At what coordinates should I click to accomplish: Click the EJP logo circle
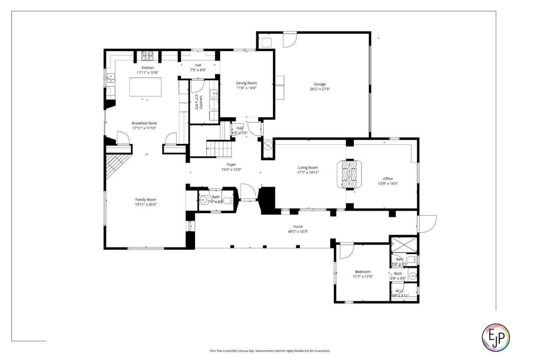495,337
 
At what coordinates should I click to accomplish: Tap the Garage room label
319,84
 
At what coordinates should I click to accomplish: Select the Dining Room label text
246,83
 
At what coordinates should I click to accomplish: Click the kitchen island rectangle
145,87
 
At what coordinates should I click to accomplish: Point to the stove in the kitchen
147,56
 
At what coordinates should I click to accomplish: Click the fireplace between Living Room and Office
349,174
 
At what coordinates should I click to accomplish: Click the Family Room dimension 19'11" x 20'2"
146,205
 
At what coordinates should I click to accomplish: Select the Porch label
298,227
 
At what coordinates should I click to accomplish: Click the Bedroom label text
363,272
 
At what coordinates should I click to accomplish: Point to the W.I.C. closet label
400,291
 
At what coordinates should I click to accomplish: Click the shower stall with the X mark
404,244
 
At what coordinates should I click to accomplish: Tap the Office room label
388,179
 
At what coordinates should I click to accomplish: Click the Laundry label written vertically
201,102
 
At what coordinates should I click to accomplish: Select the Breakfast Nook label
144,123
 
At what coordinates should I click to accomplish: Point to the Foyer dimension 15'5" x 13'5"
231,169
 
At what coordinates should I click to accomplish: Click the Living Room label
308,168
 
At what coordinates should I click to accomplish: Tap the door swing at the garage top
289,40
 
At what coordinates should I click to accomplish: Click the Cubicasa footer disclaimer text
270,351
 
